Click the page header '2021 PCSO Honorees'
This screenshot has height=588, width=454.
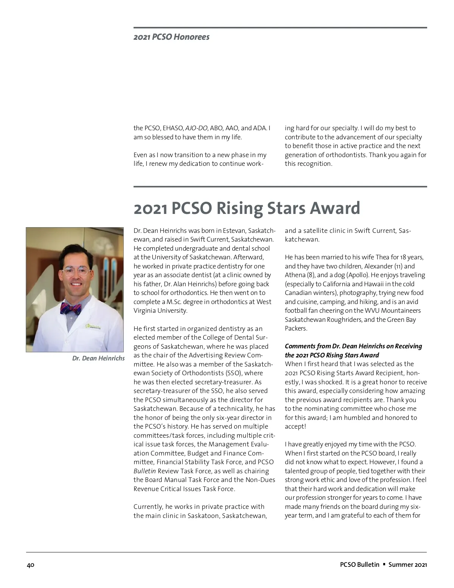point(171,37)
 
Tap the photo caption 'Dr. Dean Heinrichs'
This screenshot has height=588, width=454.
point(98,358)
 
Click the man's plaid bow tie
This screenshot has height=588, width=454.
point(71,308)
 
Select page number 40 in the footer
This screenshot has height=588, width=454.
point(31,565)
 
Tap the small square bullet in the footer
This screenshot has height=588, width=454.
point(384,564)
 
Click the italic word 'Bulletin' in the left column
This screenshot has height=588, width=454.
point(145,471)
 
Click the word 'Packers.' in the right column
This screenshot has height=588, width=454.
point(296,328)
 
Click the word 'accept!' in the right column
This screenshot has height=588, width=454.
point(295,426)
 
